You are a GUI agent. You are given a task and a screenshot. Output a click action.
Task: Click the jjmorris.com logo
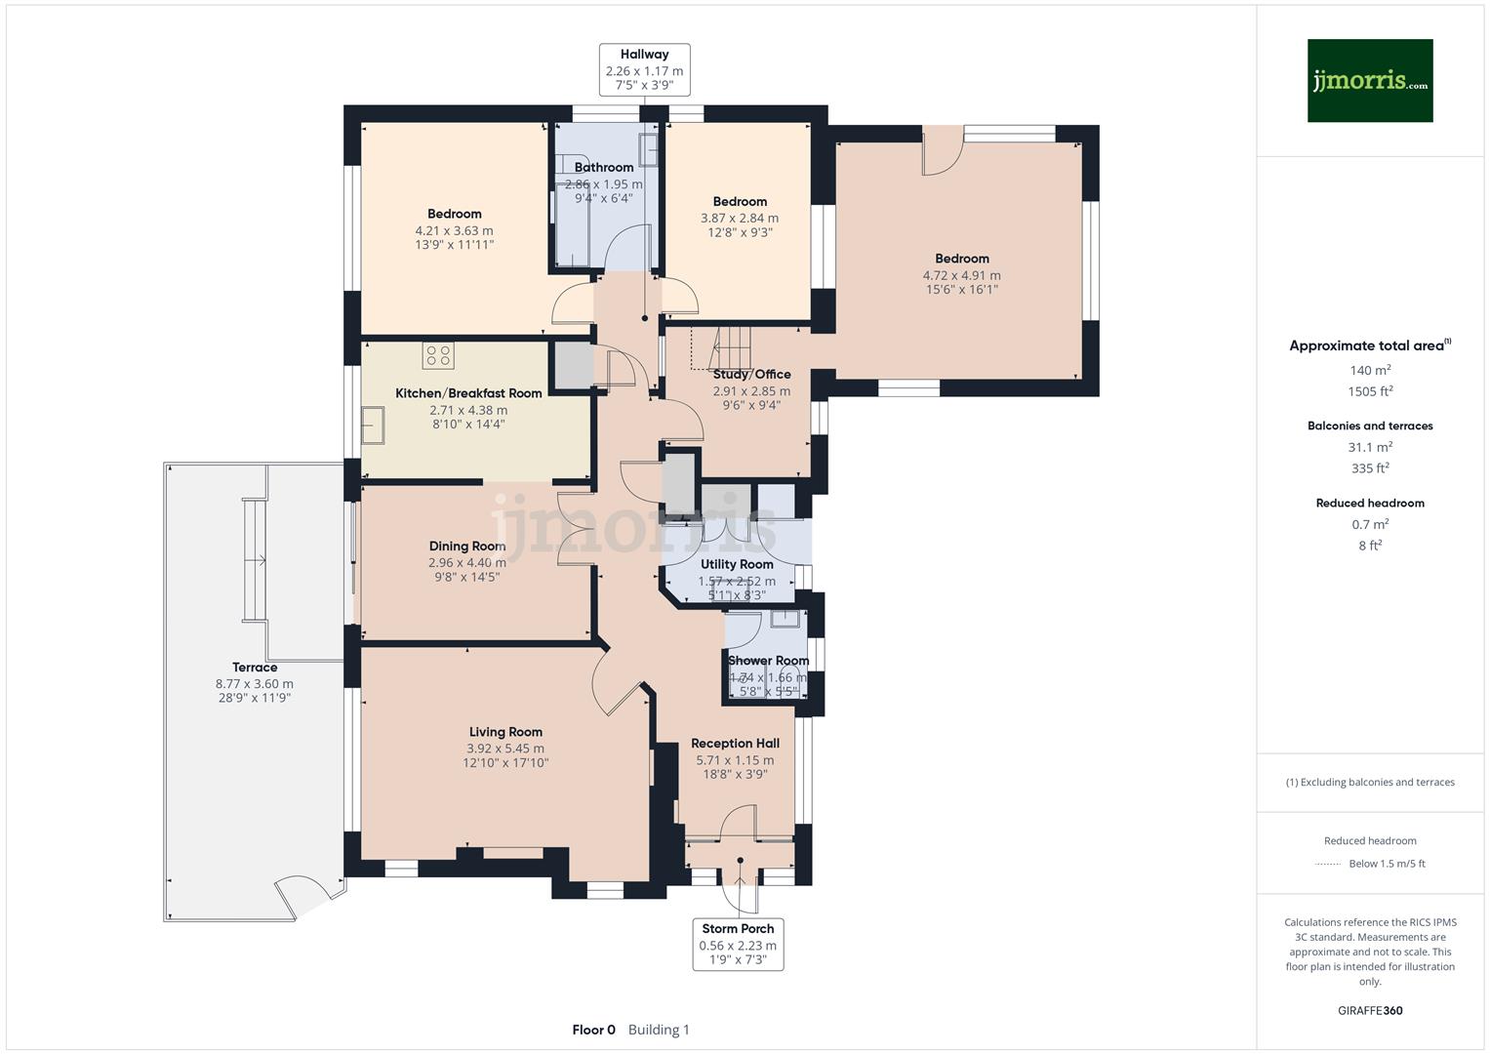[1369, 80]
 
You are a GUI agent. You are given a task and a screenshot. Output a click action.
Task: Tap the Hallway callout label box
[644, 70]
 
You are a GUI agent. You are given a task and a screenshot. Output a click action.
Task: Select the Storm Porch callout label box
[738, 944]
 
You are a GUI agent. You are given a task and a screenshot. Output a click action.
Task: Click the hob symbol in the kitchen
[438, 355]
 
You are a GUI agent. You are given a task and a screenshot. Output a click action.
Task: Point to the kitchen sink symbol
[373, 426]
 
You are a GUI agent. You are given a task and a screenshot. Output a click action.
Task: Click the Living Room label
[505, 732]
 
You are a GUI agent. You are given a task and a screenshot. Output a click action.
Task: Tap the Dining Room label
[467, 547]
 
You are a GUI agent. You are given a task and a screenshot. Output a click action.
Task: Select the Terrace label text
[255, 668]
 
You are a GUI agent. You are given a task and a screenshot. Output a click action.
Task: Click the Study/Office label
[751, 374]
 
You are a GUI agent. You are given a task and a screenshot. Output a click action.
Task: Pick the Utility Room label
[737, 564]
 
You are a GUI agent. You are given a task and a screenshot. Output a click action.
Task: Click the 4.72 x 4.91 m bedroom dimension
[962, 275]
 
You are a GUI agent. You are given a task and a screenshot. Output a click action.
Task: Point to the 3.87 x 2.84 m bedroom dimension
[740, 219]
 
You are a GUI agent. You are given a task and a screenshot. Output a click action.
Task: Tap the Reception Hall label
[735, 744]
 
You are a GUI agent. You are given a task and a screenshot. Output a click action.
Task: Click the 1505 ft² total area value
[1370, 391]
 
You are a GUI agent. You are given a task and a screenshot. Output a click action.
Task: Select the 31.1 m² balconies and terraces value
[1370, 447]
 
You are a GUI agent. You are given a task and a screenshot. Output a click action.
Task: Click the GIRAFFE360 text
[1370, 1010]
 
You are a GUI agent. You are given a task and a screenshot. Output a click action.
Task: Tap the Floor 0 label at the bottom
[593, 1030]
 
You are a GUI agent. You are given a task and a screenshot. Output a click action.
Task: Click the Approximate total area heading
[1366, 345]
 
